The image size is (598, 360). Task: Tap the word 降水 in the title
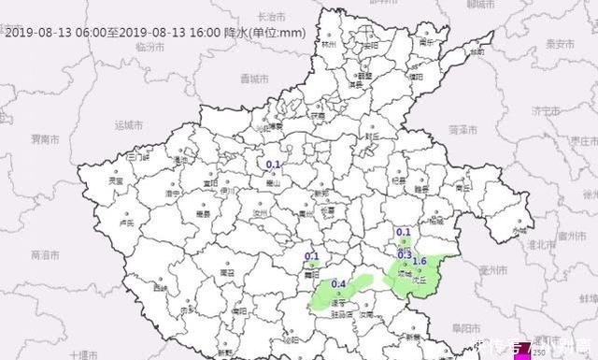[238, 32]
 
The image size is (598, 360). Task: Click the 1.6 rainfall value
[420, 261]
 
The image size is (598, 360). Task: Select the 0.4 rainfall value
[339, 283]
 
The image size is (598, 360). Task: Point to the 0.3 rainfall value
[405, 254]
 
